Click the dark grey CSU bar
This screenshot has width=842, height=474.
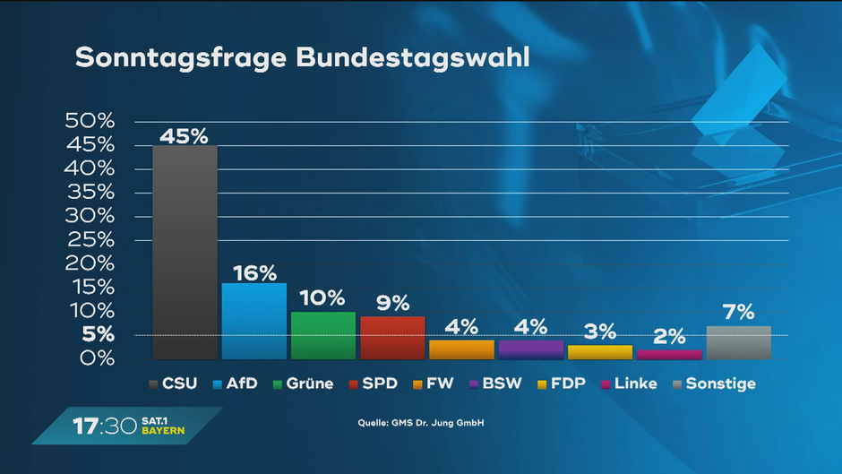pyautogui.click(x=185, y=252)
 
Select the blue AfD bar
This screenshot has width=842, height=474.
pyautogui.click(x=254, y=321)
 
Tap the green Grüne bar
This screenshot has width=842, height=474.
pyautogui.click(x=323, y=335)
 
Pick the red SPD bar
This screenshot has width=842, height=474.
pyautogui.click(x=392, y=338)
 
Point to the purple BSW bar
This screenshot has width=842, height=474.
pyautogui.click(x=531, y=349)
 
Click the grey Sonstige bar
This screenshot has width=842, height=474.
pyautogui.click(x=739, y=342)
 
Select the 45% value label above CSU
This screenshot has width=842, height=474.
pyautogui.click(x=185, y=136)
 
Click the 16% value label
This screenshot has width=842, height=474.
pyautogui.click(x=254, y=273)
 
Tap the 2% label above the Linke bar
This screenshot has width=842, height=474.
pyautogui.click(x=669, y=338)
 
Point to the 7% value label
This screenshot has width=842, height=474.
pyautogui.click(x=739, y=314)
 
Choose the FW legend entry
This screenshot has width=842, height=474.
pyautogui.click(x=434, y=384)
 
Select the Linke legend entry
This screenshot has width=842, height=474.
pyautogui.click(x=629, y=384)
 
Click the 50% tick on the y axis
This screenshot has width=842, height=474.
pyautogui.click(x=90, y=121)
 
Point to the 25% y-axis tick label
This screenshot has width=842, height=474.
pyautogui.click(x=90, y=240)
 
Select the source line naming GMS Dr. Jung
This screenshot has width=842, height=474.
pyautogui.click(x=420, y=422)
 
